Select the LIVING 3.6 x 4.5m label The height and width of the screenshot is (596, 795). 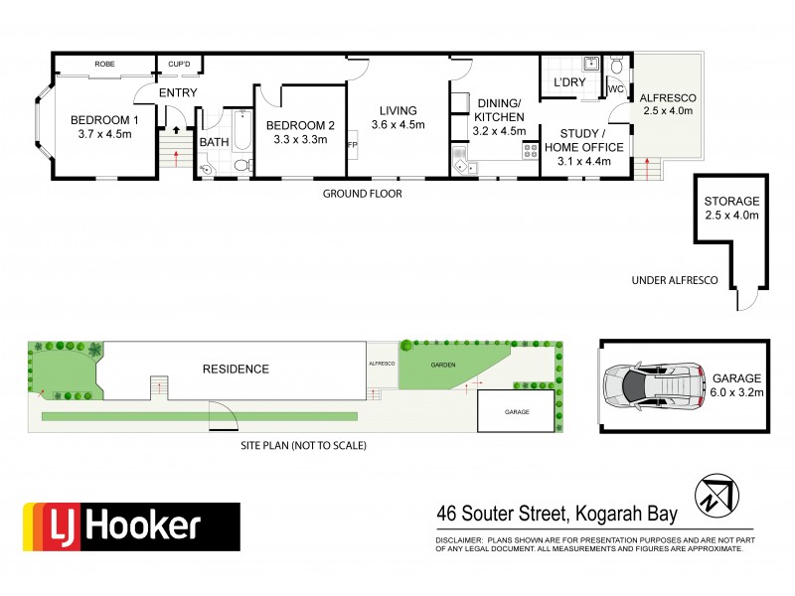point(397,117)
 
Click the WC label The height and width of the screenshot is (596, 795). point(615,89)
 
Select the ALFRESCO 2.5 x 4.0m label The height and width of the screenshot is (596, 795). point(667,105)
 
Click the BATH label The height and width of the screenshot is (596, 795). point(214,142)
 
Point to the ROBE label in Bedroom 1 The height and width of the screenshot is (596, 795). point(104,64)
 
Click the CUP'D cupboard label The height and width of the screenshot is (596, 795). point(180,64)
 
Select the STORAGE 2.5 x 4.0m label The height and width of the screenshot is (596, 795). point(731,208)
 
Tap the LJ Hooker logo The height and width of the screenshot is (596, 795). point(132,526)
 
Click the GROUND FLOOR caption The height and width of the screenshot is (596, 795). point(362,194)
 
